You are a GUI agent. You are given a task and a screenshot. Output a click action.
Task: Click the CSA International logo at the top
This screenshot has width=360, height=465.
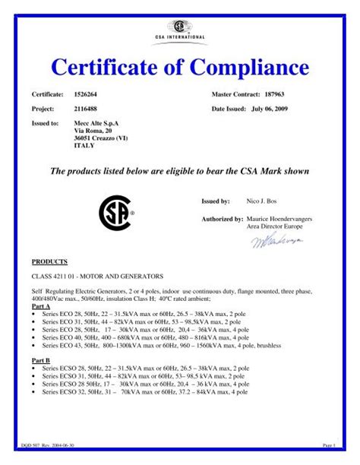coord(179,30)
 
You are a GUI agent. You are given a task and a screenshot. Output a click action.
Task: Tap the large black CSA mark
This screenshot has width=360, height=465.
coord(115,214)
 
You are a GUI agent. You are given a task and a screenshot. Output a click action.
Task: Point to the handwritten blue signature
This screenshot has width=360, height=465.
coord(276,241)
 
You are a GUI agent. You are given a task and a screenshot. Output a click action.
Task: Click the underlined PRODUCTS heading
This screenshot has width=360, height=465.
coord(49,261)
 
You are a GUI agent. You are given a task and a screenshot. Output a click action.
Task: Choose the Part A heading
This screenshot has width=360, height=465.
coord(41,305)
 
